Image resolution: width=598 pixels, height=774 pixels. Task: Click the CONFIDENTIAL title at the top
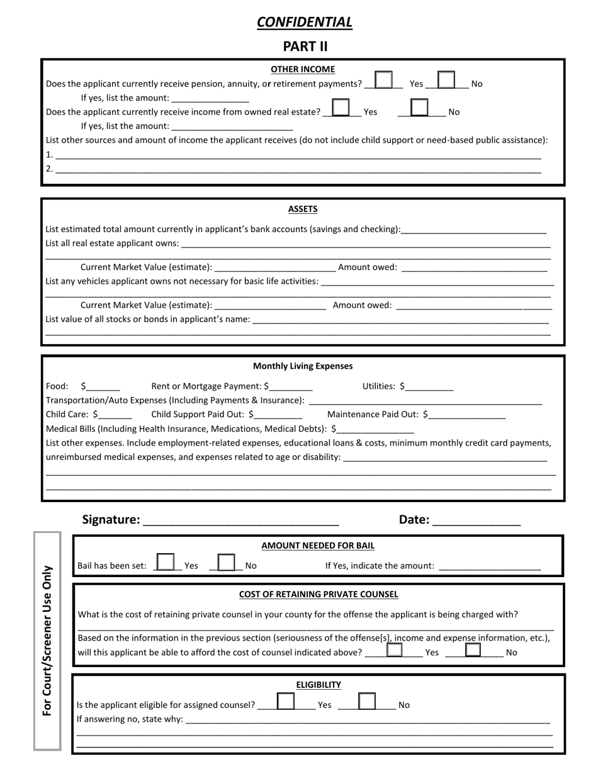click(304, 23)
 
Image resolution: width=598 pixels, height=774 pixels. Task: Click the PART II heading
click(305, 46)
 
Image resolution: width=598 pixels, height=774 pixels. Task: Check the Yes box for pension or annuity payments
click(383, 80)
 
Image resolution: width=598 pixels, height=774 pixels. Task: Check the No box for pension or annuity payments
click(446, 80)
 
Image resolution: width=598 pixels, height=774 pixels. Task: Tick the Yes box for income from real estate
click(341, 108)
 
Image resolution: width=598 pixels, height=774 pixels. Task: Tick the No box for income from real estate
click(419, 108)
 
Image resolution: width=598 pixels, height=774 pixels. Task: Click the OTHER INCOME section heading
click(303, 69)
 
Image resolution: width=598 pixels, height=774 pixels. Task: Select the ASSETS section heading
click(303, 209)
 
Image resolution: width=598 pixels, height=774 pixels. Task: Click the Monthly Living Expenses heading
click(303, 366)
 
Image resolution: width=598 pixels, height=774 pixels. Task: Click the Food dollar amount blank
click(103, 387)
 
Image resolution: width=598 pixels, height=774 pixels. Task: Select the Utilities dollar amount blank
click(429, 387)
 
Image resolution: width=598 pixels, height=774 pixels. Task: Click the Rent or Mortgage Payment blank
click(290, 387)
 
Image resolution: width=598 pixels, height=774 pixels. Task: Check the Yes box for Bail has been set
click(166, 561)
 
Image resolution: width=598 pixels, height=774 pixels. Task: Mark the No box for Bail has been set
click(226, 561)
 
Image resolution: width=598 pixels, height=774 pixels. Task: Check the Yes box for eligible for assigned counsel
click(286, 701)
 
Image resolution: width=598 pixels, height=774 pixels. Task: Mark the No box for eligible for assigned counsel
click(366, 701)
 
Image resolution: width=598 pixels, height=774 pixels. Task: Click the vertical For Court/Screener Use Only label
click(47, 641)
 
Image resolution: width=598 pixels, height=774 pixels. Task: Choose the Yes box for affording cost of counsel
click(395, 649)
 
